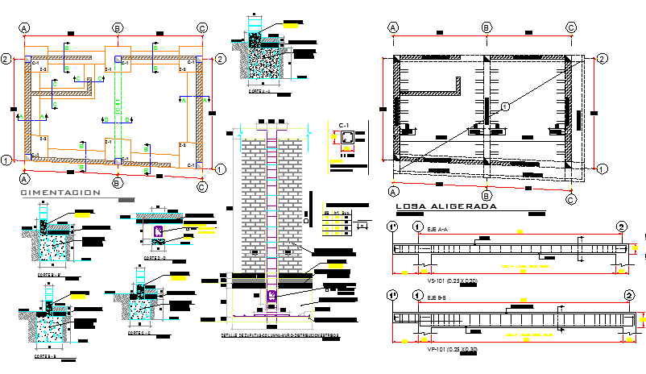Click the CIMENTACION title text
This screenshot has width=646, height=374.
60,193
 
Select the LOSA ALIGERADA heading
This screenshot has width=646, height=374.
446,206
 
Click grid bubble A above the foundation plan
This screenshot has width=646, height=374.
25,28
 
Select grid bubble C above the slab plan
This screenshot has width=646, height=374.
571,27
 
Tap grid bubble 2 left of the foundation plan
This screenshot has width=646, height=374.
6,59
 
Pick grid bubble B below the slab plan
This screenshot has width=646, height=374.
486,194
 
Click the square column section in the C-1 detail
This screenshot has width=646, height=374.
346,140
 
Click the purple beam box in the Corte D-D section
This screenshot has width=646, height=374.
159,231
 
